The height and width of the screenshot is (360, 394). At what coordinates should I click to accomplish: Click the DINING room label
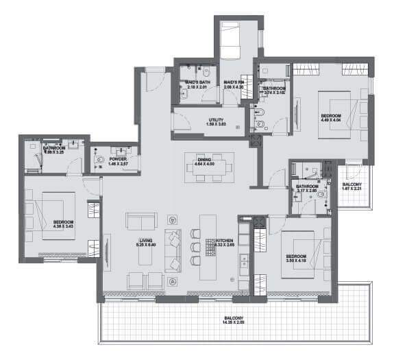(204, 158)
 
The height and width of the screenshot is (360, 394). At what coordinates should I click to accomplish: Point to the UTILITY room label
(216, 119)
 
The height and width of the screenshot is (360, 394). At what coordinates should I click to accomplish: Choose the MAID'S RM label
(233, 81)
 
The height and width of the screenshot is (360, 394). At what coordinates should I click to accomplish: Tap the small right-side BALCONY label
(352, 184)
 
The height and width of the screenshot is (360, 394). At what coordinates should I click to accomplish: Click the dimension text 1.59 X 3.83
(216, 125)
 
